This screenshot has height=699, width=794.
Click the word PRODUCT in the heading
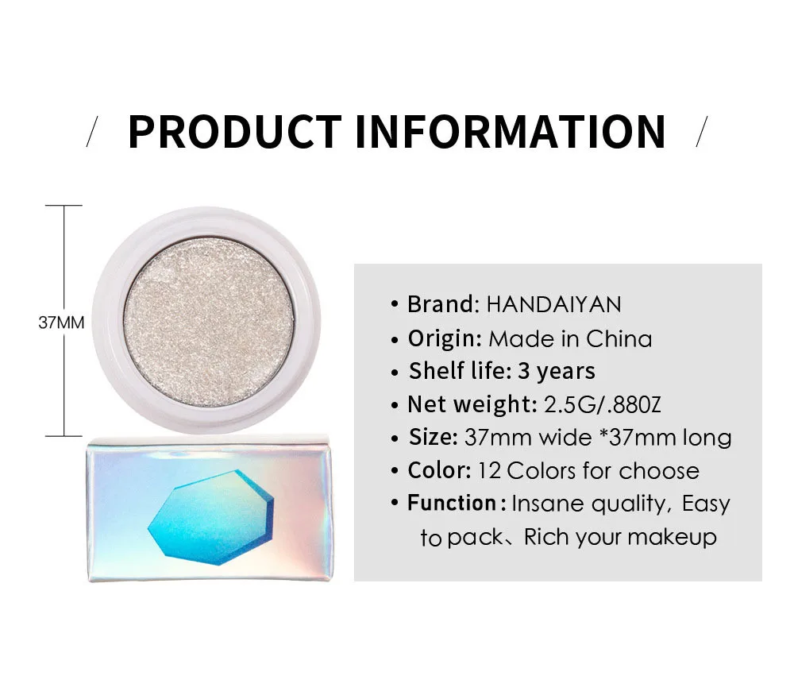tap(234, 132)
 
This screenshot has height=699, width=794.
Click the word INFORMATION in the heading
tap(511, 132)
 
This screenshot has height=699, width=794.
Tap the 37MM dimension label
tap(61, 323)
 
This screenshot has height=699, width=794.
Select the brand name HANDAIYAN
tap(554, 304)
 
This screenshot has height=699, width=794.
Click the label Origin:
tap(445, 339)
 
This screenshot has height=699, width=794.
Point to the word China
tap(619, 339)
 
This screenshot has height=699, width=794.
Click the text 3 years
tap(557, 371)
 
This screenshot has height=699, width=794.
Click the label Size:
tap(434, 438)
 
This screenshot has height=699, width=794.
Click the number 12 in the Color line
tap(489, 470)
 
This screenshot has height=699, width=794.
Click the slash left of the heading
tap(93, 131)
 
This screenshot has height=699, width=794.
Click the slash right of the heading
tap(700, 131)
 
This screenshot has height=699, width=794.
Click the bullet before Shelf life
tap(395, 372)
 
